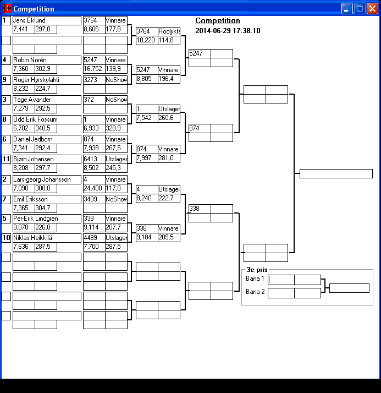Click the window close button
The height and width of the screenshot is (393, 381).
(x=372, y=8)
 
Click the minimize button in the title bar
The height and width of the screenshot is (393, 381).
(x=347, y=8)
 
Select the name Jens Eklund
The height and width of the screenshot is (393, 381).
(x=47, y=20)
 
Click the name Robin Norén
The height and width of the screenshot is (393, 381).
(x=47, y=60)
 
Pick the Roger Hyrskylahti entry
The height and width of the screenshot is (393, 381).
(x=47, y=80)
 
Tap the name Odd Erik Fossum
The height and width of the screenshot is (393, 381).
(x=47, y=119)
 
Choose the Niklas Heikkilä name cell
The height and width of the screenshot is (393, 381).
(x=47, y=238)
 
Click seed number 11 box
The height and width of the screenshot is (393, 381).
(x=6, y=159)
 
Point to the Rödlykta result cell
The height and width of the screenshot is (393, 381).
(x=169, y=31)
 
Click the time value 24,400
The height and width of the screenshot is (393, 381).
(x=93, y=188)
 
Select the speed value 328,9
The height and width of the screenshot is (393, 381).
(x=116, y=128)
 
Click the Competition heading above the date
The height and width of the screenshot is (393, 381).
(x=218, y=21)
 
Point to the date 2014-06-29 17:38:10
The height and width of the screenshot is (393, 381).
(x=228, y=31)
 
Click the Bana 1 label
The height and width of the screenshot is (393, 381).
(x=255, y=279)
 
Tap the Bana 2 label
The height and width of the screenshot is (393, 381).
(x=255, y=292)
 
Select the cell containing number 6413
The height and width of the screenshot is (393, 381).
(x=93, y=159)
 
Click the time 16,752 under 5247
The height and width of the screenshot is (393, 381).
(x=93, y=69)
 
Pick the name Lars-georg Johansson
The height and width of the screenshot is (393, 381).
(x=47, y=179)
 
